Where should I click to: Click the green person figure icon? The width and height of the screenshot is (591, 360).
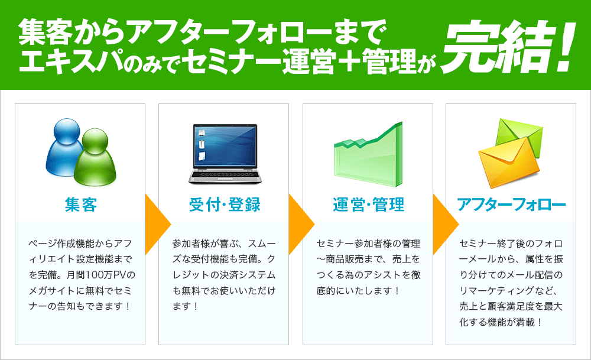click(x=95, y=158)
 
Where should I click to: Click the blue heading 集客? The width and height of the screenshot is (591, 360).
click(x=80, y=205)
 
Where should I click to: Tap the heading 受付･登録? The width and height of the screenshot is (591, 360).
click(x=225, y=205)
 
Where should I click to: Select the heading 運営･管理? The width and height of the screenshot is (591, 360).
click(x=368, y=205)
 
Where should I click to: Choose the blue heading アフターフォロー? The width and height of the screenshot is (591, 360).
click(x=511, y=205)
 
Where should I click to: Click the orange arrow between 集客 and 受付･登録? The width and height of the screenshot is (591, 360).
click(x=158, y=224)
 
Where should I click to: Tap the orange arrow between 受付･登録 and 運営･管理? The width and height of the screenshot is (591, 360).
click(x=301, y=224)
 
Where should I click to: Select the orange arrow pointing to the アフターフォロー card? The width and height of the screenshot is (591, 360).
click(x=446, y=224)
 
